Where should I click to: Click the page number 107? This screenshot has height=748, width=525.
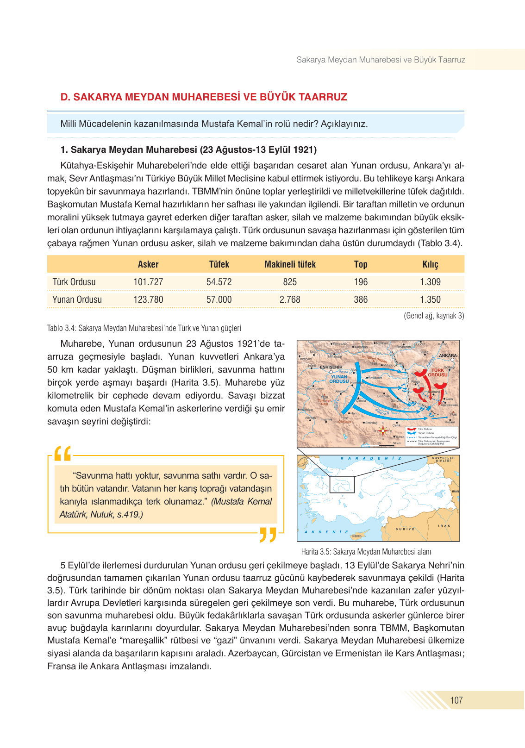coord(456,700)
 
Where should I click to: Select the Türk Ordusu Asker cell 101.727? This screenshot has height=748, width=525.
coord(148,282)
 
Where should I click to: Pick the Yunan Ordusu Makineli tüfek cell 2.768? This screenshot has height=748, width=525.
coord(290,299)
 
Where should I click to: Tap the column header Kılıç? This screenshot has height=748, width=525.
coord(430,264)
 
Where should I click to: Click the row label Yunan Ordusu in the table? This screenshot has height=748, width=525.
coord(77,299)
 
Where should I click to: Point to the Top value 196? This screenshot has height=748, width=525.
coord(361,282)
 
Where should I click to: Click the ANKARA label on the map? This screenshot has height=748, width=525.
coord(448,355)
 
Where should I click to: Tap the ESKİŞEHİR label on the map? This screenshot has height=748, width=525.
coord(331,367)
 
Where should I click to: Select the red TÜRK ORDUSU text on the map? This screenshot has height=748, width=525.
coord(437,373)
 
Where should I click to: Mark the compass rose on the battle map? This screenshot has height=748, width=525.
coord(383,431)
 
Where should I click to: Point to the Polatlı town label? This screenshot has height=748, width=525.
coord(416,382)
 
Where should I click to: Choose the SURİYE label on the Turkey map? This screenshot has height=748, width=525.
coord(405,529)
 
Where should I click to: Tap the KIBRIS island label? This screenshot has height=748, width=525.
coord(357,536)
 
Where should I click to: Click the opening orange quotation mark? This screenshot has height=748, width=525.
coord(63,454)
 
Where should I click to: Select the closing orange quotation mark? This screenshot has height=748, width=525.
coord(268,534)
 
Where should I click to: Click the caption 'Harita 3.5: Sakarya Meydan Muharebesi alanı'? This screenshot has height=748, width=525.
coord(366,552)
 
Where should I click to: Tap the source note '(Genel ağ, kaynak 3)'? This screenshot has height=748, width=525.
coord(434,316)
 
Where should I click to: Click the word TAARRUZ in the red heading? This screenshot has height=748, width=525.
coord(323,97)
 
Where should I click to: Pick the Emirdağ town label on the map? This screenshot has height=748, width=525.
coord(371,423)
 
